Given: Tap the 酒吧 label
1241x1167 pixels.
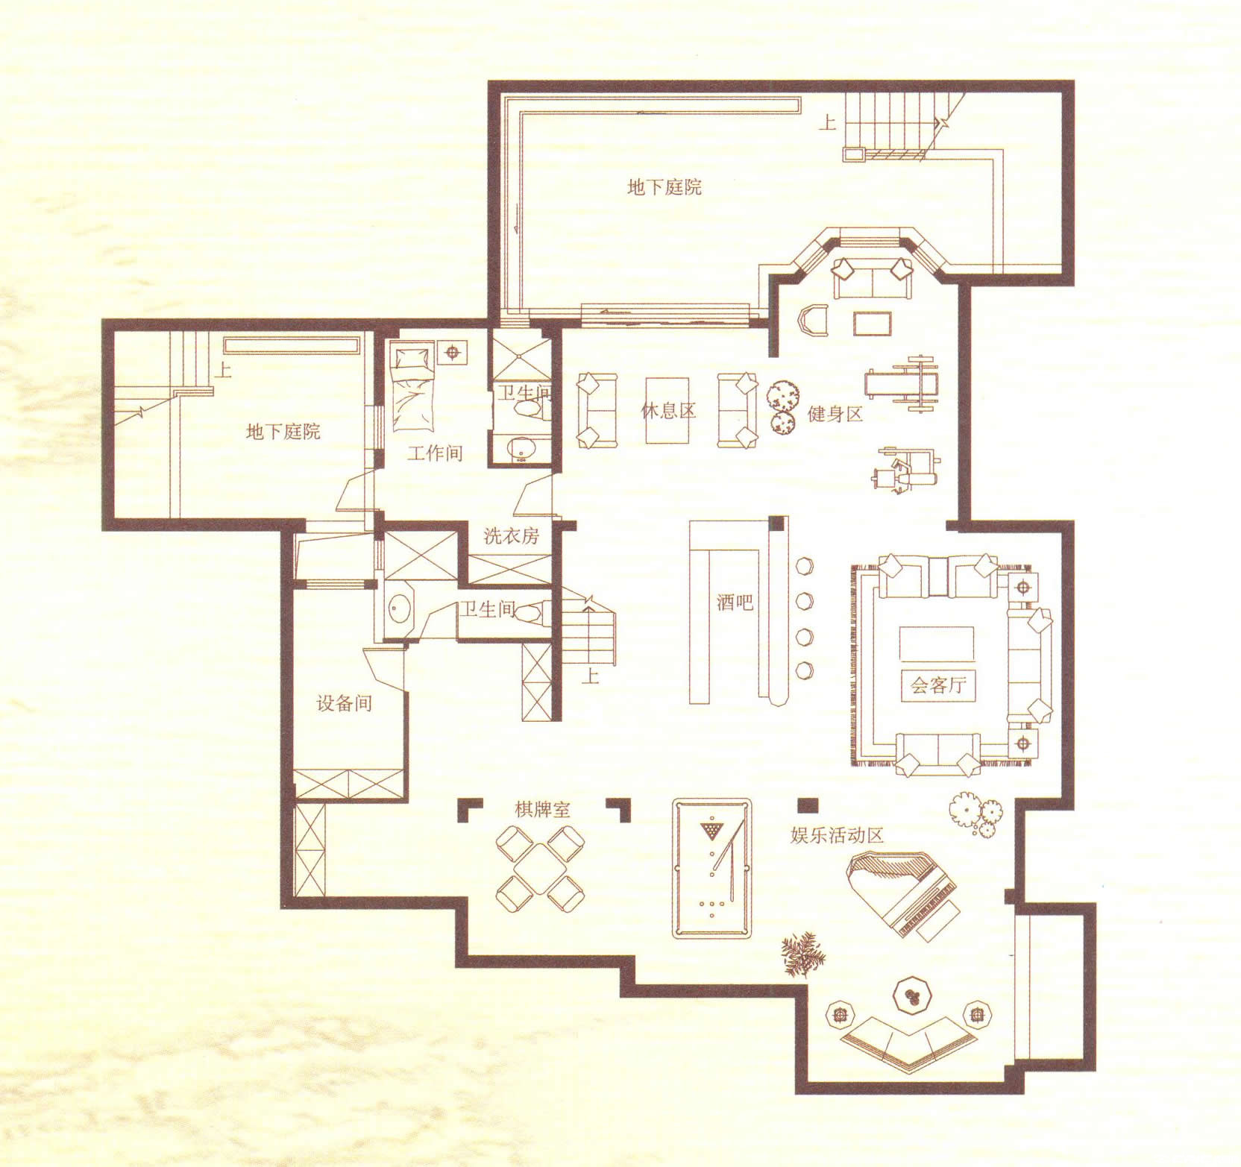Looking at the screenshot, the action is coord(735,601).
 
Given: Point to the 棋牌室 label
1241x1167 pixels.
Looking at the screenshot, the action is coord(542,809).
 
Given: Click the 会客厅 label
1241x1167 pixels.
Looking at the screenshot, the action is coord(938,684).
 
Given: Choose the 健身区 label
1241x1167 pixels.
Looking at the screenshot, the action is coord(836,414).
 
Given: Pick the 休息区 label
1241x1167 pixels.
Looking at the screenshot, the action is coord(668,410).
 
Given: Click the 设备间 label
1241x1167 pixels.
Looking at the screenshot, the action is coord(344,703).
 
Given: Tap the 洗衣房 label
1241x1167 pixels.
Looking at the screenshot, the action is coord(512,535).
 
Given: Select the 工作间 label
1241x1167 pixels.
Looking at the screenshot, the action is coord(435,453).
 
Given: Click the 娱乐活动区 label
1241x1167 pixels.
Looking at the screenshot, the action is coord(837,835).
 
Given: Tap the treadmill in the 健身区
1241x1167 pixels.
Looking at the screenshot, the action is coord(902,384).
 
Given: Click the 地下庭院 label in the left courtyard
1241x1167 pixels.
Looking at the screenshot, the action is coord(283,431).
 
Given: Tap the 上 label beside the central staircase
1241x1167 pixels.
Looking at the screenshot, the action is coord(591,676).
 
